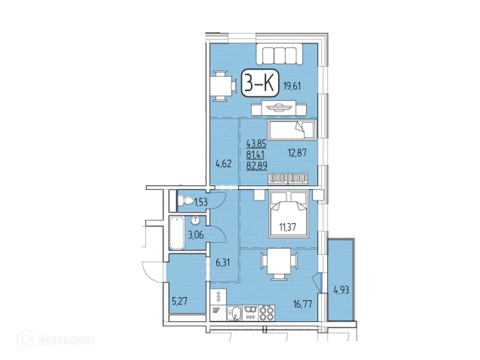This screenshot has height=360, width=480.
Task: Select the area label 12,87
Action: click(x=297, y=152)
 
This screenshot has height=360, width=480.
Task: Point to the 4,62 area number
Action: click(x=223, y=164)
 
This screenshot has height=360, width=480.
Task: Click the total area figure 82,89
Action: click(x=256, y=165)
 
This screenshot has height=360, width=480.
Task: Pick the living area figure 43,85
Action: click(x=256, y=143)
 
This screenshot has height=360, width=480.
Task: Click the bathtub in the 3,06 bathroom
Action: click(x=177, y=233)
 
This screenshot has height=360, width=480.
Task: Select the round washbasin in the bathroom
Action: click(x=195, y=220)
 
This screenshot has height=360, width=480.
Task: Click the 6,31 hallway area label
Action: click(x=223, y=262)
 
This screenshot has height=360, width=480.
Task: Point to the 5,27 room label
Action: click(x=179, y=301)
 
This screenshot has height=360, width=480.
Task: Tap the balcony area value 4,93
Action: click(x=341, y=289)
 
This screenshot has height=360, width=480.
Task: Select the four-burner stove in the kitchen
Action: click(x=267, y=313)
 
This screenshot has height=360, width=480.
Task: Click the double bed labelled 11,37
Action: click(x=288, y=214)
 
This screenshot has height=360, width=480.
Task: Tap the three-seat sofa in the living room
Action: click(x=279, y=54)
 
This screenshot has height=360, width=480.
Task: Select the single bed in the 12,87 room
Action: click(x=292, y=130)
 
